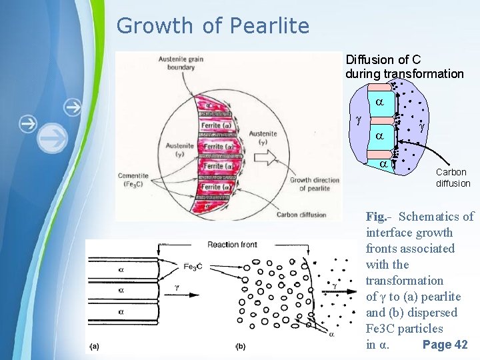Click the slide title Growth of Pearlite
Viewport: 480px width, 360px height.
[x=213, y=26]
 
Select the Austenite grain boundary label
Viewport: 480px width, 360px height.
[x=181, y=63]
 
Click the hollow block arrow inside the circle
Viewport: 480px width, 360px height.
[x=270, y=157]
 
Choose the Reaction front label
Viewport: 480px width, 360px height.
[x=232, y=245]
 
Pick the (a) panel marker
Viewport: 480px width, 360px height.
[x=95, y=346]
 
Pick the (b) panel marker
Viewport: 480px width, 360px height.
[x=241, y=346]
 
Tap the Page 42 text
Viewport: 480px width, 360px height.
[x=445, y=345]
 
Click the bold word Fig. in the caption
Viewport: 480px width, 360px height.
[x=376, y=217]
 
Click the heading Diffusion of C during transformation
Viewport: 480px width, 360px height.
[x=404, y=67]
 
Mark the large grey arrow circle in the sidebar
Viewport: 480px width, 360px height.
[x=53, y=139]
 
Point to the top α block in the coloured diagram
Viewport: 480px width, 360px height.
[x=378, y=103]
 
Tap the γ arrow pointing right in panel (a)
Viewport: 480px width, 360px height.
[x=176, y=287]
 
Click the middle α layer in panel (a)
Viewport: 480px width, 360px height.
[x=121, y=291]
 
